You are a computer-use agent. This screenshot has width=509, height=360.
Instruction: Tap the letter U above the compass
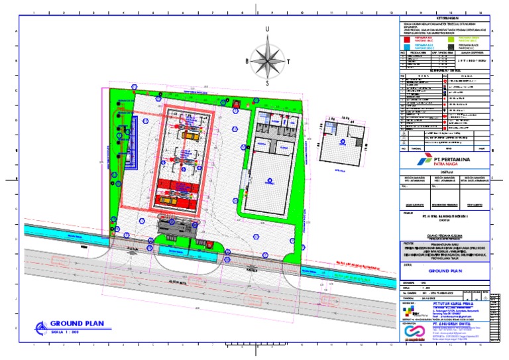267,29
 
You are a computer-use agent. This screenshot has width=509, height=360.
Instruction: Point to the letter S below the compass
267,84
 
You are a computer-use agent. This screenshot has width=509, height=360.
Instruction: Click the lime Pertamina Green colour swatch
451,40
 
